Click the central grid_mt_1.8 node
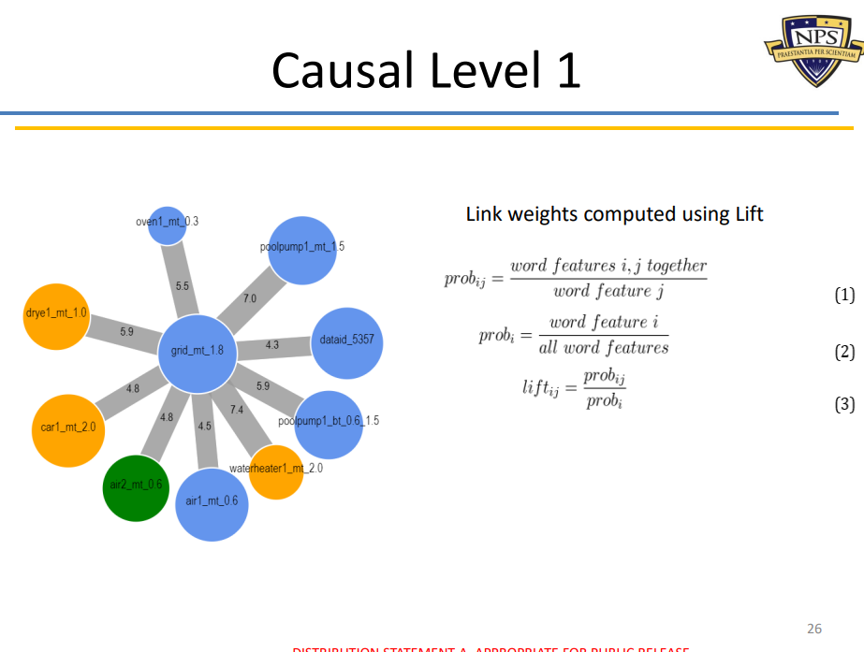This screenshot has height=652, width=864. click(x=197, y=352)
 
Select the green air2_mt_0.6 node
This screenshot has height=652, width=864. click(x=135, y=486)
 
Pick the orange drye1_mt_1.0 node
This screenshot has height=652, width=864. click(x=56, y=316)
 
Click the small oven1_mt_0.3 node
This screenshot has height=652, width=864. click(x=168, y=225)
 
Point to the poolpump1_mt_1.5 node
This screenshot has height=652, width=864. click(x=302, y=248)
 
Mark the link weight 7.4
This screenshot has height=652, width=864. click(x=237, y=410)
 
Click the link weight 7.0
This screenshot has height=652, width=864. click(x=249, y=298)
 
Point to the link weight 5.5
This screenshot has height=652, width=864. click(x=183, y=284)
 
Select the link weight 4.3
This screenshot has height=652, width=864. click(x=272, y=345)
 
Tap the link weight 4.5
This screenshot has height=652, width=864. click(x=204, y=426)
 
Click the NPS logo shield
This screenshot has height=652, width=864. click(x=811, y=47)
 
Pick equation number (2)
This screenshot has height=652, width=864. click(x=844, y=353)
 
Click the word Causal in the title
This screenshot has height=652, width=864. click(x=343, y=70)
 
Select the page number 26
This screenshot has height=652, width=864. click(x=814, y=629)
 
